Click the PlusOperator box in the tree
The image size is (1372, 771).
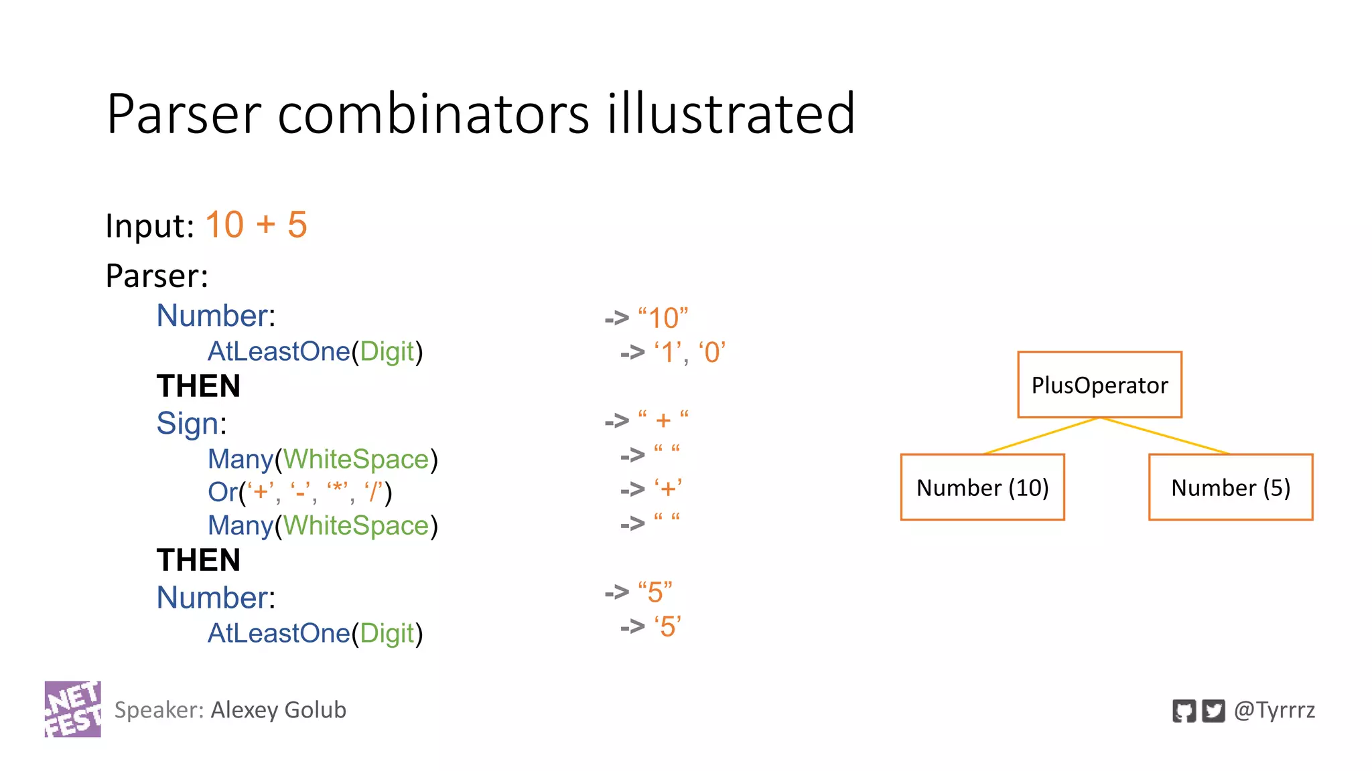1099,385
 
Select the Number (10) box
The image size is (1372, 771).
982,487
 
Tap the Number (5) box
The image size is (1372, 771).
1230,487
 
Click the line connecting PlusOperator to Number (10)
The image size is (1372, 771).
1041,436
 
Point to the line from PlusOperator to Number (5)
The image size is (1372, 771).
1166,436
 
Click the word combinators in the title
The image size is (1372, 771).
433,114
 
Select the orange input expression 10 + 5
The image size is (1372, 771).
256,225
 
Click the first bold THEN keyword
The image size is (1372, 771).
198,386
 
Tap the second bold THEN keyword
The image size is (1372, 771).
198,560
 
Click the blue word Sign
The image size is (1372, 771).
188,424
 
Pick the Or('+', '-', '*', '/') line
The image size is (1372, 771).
299,493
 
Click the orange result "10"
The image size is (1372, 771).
663,318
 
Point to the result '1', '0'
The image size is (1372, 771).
689,353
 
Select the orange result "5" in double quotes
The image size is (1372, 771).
655,592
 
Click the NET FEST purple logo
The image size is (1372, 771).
73,709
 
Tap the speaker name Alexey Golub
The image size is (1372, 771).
278,710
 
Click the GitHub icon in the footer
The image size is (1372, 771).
1184,711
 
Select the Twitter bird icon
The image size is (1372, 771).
1213,711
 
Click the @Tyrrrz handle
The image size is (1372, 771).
1274,710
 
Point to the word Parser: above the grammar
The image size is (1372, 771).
157,276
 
